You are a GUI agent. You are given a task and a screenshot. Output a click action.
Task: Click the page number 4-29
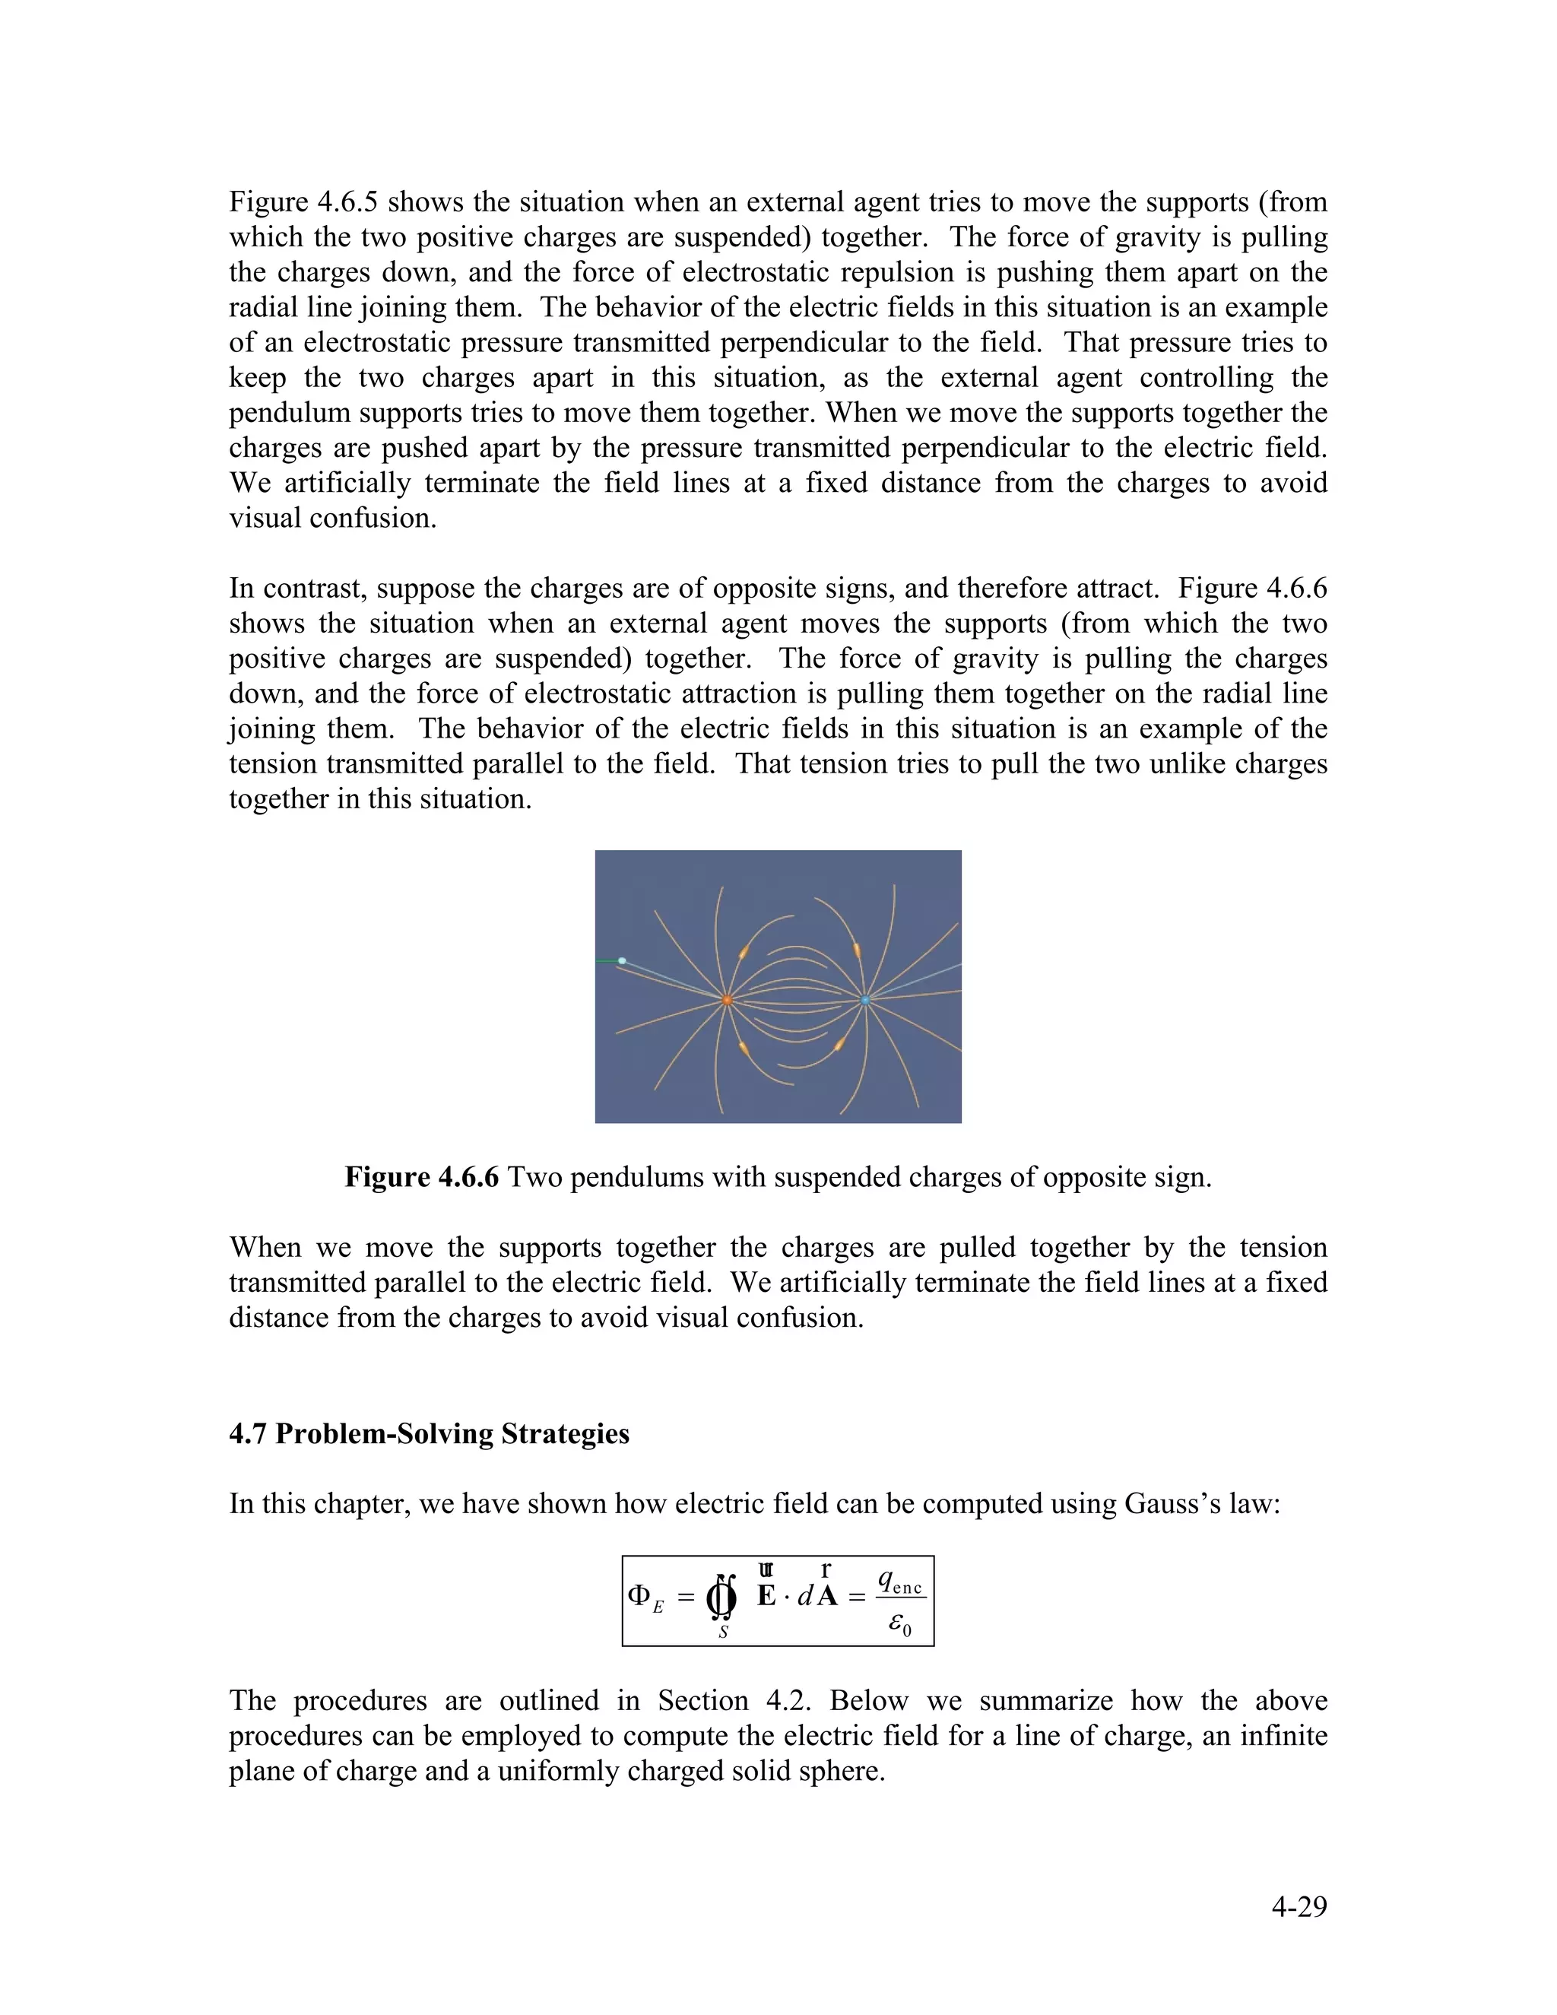pos(1299,1906)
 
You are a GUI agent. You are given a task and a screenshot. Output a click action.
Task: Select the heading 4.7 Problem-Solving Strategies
pos(429,1434)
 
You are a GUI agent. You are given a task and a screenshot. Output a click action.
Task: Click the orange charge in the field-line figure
pos(727,999)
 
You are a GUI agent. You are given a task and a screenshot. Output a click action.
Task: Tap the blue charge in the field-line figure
pos(865,999)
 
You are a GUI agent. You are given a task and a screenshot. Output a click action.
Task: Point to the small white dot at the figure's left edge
pos(622,961)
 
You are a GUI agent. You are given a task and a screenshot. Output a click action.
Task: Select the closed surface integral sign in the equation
pos(722,1598)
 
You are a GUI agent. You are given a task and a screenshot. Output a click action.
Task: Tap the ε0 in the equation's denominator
pos(899,1625)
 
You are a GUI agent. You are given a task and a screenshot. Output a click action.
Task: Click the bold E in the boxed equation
pos(766,1596)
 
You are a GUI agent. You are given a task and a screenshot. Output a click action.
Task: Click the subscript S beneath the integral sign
pos(723,1632)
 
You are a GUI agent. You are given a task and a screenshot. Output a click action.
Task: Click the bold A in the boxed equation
pos(827,1596)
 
